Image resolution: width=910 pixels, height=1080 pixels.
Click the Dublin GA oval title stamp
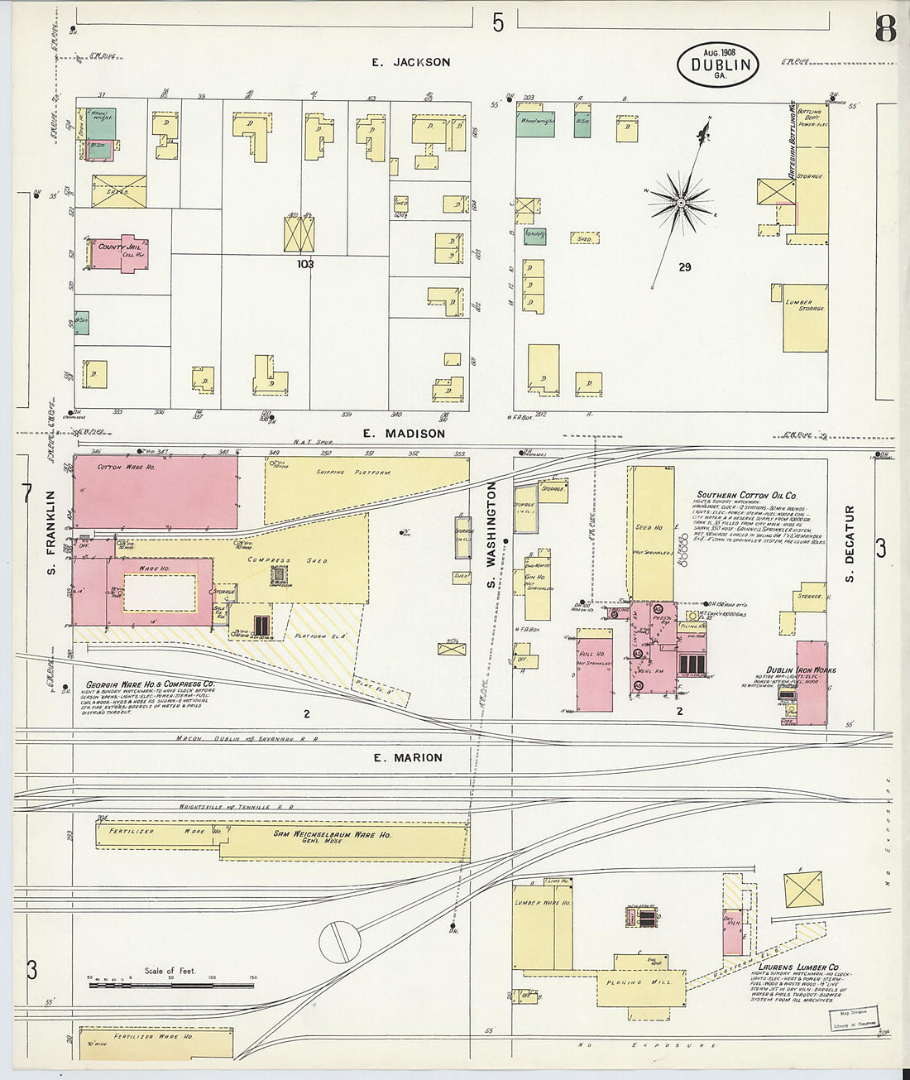pos(717,63)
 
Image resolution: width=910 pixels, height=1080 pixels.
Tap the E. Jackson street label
pos(410,62)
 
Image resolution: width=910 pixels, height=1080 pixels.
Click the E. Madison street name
pos(409,433)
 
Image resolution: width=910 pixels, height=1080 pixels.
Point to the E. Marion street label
pos(408,757)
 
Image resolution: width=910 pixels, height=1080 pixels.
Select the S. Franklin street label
pos(50,533)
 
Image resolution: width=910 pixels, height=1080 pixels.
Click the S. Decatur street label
pos(850,535)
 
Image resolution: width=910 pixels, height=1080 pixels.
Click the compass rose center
pos(680,201)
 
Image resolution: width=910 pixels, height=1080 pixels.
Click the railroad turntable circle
pos(340,942)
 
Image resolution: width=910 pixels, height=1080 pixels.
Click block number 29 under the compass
pos(684,266)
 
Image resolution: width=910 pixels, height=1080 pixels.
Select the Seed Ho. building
pos(650,530)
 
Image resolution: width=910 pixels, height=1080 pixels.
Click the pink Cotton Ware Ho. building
pos(155,492)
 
